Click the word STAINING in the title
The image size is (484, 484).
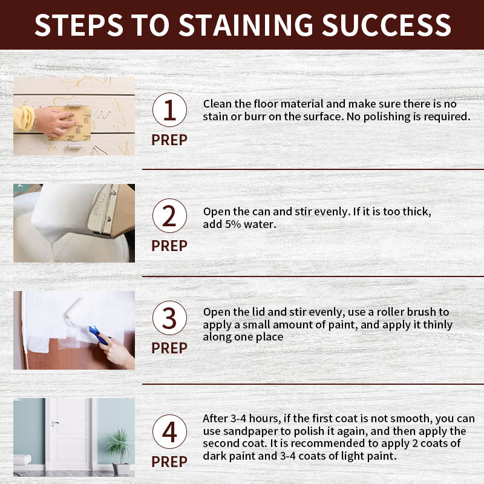(x=246, y=25)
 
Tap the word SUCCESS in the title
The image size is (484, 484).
(x=386, y=25)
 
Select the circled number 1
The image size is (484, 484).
(x=169, y=110)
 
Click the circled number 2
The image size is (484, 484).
(x=169, y=215)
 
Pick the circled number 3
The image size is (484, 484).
(x=169, y=318)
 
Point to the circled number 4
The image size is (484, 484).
(x=169, y=431)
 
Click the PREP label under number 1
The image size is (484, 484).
(x=169, y=140)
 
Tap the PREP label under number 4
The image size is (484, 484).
(x=169, y=462)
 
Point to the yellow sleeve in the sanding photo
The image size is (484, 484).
(x=24, y=118)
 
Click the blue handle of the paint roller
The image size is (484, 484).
(x=97, y=335)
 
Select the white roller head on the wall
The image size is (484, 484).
(x=73, y=310)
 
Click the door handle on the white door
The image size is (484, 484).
(x=55, y=422)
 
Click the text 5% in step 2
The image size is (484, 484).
(x=233, y=224)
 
